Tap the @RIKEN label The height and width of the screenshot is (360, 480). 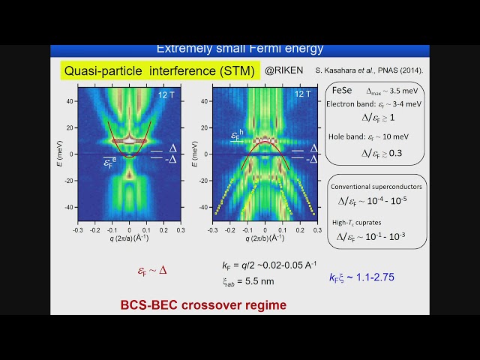click(x=283, y=71)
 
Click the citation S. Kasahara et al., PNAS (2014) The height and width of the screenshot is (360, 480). click(x=369, y=70)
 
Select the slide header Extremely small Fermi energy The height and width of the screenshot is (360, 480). click(x=239, y=49)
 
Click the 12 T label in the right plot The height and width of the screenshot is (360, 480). click(x=302, y=94)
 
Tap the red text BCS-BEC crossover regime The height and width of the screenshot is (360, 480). click(x=203, y=305)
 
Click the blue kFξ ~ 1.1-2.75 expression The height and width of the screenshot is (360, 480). click(x=361, y=277)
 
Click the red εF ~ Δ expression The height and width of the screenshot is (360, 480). click(x=152, y=271)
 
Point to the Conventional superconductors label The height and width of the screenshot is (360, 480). click(x=376, y=186)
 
